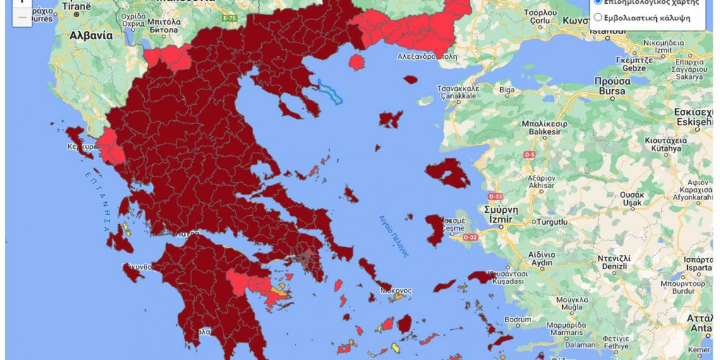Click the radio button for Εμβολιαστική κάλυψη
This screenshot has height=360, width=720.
point(598,18)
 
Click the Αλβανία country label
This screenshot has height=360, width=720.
point(92,36)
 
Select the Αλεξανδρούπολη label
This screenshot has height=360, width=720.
point(427,56)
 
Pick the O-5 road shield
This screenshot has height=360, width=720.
point(529,154)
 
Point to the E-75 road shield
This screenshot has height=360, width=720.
point(229,18)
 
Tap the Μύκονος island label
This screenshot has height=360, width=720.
point(395,291)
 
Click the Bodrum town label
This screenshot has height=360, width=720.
point(518,320)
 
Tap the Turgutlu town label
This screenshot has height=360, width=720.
point(553,222)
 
